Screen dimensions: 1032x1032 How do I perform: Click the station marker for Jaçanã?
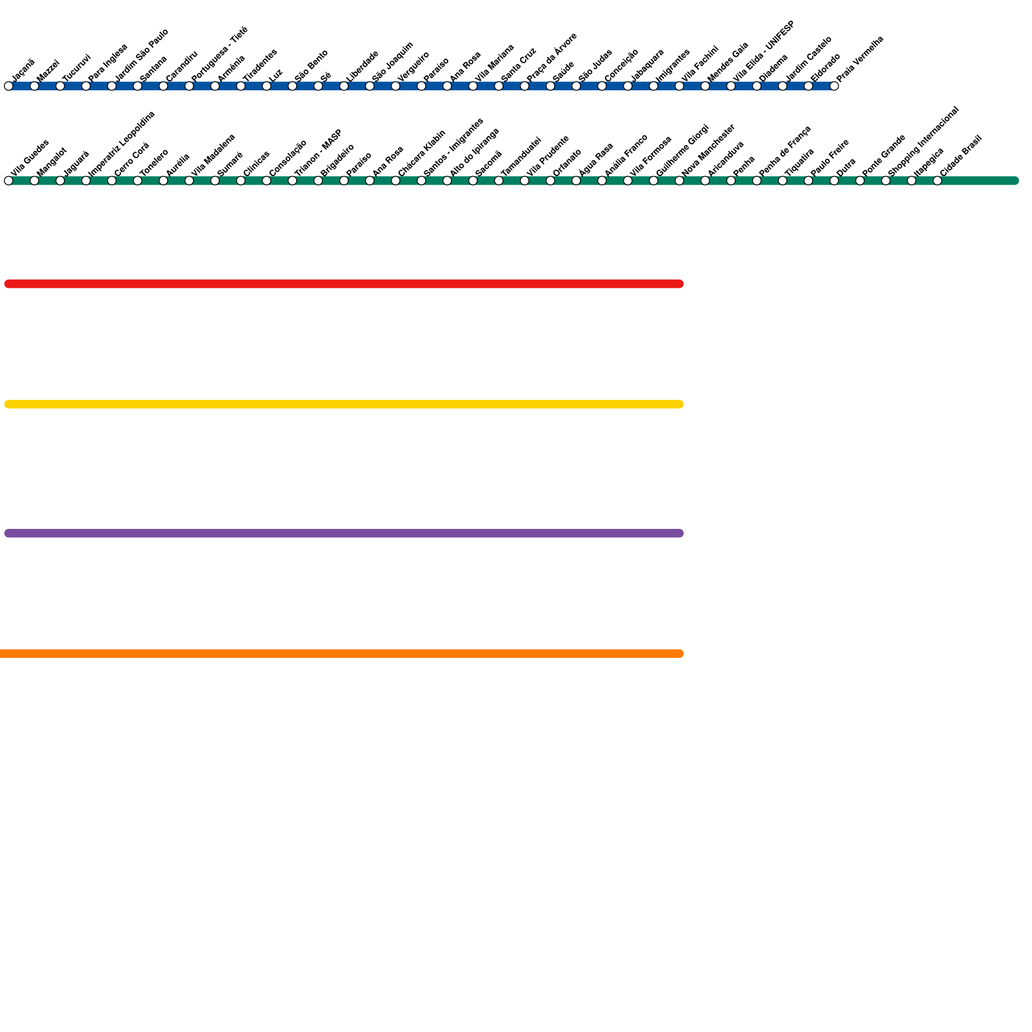coord(8,86)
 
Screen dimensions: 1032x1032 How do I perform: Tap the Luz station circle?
coord(266,86)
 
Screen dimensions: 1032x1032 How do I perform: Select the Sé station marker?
coord(318,86)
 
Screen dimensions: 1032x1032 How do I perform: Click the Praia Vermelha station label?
coord(859,59)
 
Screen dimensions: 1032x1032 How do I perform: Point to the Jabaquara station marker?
coord(628,86)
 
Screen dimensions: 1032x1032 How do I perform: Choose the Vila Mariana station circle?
coord(473,86)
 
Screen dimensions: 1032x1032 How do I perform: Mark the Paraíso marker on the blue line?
coord(421,86)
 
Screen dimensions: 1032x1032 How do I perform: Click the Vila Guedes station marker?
coord(8,181)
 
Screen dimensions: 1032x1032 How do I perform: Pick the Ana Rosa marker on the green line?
coord(370,181)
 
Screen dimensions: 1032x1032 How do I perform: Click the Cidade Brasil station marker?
coord(937,181)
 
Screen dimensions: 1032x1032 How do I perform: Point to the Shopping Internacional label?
coord(923,141)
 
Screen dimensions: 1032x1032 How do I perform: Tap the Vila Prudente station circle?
coord(524,181)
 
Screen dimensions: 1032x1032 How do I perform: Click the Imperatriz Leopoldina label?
coord(121,144)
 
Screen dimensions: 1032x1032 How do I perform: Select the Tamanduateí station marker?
coord(499,181)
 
